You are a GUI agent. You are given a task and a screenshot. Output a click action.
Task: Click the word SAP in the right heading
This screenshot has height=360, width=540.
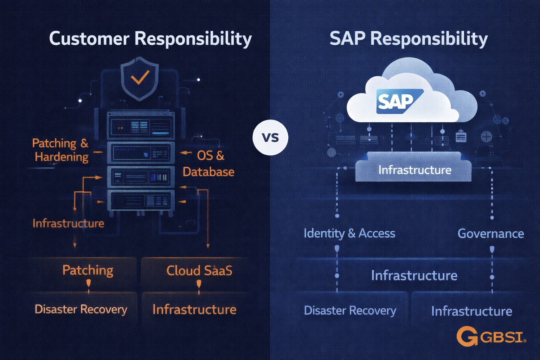click(x=348, y=38)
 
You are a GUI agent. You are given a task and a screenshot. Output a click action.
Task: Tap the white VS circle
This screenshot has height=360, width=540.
click(x=270, y=137)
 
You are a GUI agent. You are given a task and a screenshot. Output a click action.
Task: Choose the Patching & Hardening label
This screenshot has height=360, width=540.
click(x=60, y=150)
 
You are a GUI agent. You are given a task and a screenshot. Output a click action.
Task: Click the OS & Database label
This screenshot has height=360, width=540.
click(x=209, y=163)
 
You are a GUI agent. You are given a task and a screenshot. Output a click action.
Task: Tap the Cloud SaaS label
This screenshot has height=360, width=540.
click(x=199, y=270)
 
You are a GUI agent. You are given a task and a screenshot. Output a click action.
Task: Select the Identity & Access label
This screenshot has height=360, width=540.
click(x=349, y=233)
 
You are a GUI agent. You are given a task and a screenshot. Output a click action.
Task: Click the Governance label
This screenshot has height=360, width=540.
click(x=490, y=233)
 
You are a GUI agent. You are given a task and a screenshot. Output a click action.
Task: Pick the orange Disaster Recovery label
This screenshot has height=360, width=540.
click(x=81, y=309)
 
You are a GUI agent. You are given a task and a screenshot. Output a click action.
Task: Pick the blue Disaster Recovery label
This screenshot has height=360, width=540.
click(x=350, y=310)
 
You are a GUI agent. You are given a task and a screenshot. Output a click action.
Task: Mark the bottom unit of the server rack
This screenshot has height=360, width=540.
click(x=141, y=201)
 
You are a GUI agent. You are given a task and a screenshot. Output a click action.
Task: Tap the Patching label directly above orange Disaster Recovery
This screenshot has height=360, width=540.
click(x=88, y=270)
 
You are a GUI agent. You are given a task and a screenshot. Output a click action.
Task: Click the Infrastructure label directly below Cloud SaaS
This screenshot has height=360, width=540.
click(x=194, y=309)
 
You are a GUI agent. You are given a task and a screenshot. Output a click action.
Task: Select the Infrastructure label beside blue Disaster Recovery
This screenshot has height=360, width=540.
click(x=471, y=311)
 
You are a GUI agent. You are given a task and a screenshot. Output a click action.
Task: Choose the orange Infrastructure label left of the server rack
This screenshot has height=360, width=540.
click(x=68, y=223)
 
